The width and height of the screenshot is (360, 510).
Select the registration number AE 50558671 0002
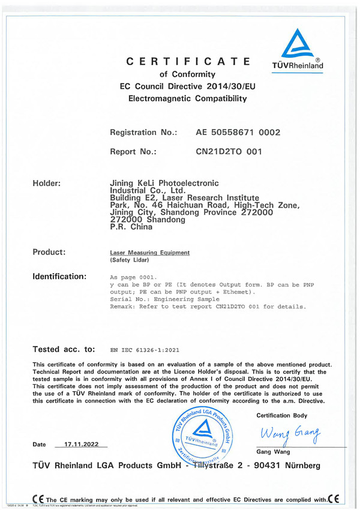239,131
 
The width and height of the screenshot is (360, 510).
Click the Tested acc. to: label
65,348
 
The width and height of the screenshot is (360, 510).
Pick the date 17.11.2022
81,444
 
